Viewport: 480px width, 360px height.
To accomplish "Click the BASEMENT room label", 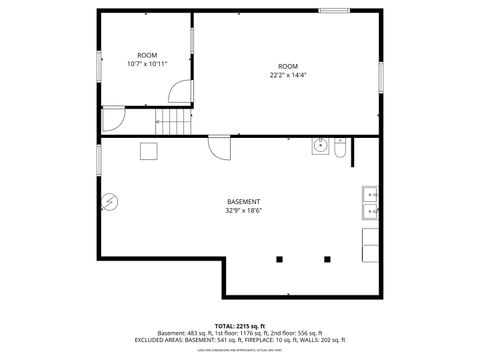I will (x=243, y=201).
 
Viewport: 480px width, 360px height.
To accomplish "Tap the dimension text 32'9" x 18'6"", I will (x=243, y=210).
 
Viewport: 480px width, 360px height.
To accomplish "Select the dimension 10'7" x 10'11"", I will (x=147, y=63).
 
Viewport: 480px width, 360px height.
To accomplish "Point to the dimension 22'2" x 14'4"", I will (x=288, y=74).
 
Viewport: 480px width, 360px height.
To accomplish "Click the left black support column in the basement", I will (x=279, y=259).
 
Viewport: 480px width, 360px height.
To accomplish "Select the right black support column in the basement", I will (x=327, y=259).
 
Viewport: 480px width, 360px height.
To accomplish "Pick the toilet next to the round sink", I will (x=339, y=149).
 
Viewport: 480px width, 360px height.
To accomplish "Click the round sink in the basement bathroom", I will (x=320, y=146).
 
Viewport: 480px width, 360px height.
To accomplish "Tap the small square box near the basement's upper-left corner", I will (x=148, y=150).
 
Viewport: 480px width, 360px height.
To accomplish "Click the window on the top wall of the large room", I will (x=333, y=11).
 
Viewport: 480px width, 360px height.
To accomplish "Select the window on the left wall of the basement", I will (x=98, y=158).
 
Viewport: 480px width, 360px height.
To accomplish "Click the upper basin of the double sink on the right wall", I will (x=369, y=194).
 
